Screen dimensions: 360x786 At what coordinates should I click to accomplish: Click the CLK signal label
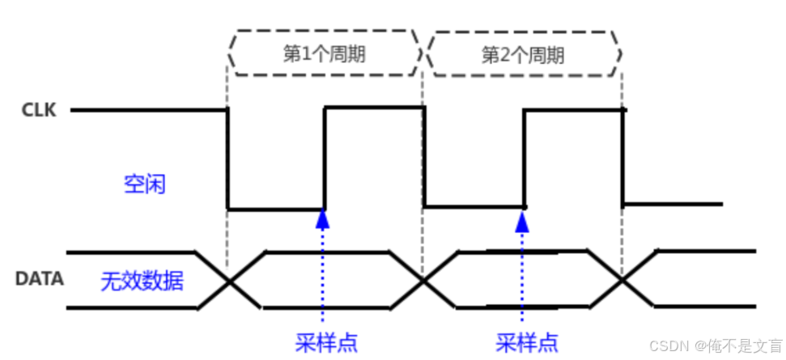[40, 110]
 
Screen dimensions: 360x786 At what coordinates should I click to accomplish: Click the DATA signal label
[40, 279]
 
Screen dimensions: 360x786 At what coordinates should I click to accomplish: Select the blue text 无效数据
[142, 282]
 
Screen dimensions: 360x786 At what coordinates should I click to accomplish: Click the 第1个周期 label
[323, 54]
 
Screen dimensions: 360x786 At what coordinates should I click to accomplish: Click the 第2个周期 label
[522, 54]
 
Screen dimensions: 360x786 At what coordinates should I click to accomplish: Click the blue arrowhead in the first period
[323, 216]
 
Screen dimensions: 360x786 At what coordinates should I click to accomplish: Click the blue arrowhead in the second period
[523, 216]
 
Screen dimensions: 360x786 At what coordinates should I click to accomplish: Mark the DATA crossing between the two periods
[423, 280]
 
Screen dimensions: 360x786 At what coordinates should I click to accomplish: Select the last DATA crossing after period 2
[622, 280]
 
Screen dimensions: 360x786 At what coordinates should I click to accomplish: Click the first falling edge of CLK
[227, 159]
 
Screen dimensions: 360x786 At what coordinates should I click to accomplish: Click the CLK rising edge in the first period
[325, 159]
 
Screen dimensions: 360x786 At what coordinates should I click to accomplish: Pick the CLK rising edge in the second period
[525, 159]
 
